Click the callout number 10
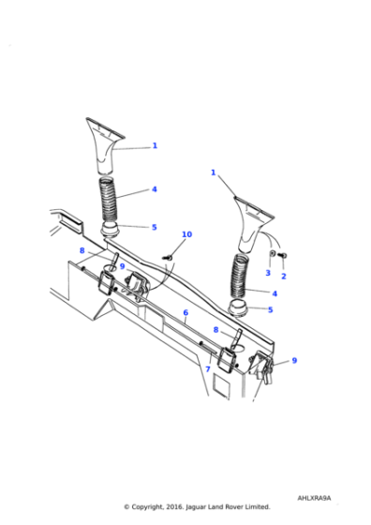click(x=186, y=234)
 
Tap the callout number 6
click(x=185, y=312)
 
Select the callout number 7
click(x=208, y=369)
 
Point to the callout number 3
click(x=268, y=273)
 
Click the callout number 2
click(x=284, y=277)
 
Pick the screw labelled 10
click(x=168, y=258)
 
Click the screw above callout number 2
click(x=282, y=256)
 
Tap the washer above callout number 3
click(x=273, y=253)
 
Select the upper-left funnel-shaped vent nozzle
click(x=104, y=145)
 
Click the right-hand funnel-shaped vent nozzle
click(x=253, y=224)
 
